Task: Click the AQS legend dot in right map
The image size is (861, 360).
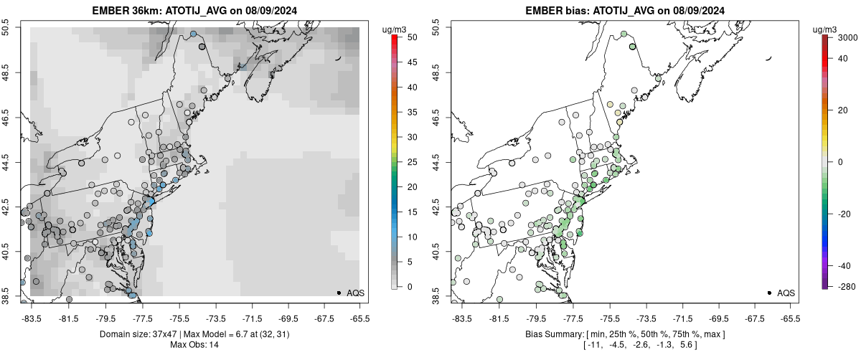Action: [769, 293]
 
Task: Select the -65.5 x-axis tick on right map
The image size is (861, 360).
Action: [790, 318]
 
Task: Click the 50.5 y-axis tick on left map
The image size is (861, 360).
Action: [10, 27]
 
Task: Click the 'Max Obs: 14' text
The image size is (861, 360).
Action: [194, 345]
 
